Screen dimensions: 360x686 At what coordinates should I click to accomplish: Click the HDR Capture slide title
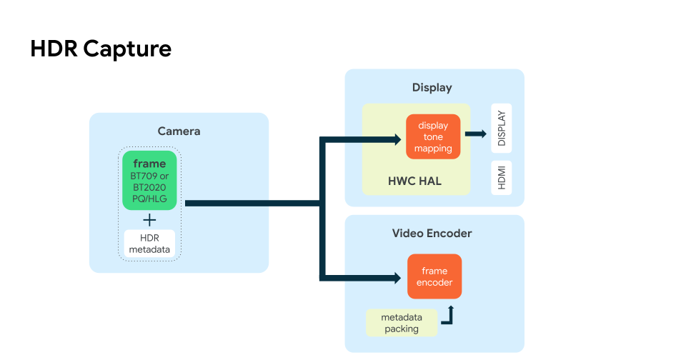101,49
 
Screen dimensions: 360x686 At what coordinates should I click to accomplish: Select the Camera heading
179,131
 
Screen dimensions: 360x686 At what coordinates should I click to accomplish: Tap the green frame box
149,180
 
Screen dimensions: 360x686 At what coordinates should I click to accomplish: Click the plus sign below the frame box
149,219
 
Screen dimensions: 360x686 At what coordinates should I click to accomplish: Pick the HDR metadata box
149,244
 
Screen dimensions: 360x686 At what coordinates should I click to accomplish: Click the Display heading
432,87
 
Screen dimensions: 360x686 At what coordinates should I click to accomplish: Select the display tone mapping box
433,136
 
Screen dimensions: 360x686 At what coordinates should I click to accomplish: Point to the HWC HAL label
414,181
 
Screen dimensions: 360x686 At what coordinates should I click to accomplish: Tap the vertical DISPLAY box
501,129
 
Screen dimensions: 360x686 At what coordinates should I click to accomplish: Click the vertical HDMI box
501,178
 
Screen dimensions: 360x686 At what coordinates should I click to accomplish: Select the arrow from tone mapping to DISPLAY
475,134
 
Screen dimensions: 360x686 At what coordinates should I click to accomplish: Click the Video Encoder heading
432,233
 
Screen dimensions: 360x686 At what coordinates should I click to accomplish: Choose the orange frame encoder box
434,276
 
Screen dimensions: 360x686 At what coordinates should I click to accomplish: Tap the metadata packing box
401,323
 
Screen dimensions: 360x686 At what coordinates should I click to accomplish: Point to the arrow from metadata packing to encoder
448,316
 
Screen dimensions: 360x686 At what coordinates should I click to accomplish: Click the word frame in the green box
149,164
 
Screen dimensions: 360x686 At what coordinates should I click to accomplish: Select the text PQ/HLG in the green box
149,199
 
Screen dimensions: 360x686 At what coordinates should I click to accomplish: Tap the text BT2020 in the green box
149,187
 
